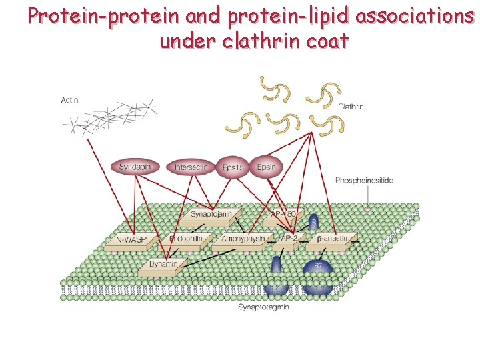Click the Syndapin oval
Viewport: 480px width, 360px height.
click(x=135, y=167)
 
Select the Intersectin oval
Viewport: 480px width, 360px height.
click(x=191, y=167)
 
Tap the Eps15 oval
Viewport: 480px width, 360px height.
click(x=233, y=167)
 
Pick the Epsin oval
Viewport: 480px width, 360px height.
click(x=266, y=167)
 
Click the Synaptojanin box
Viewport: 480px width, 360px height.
click(x=211, y=214)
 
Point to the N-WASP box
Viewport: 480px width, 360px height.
click(x=132, y=239)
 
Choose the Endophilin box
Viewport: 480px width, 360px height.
click(x=185, y=239)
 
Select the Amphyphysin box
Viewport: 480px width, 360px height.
click(x=241, y=239)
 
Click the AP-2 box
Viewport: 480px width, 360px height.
click(x=289, y=239)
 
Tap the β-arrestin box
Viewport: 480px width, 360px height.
click(x=330, y=238)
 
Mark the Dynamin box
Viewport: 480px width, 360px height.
click(x=161, y=265)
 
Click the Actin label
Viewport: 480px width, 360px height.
click(x=69, y=100)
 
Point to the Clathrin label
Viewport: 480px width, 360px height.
click(x=351, y=106)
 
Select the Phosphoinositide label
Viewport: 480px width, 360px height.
click(x=364, y=180)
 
